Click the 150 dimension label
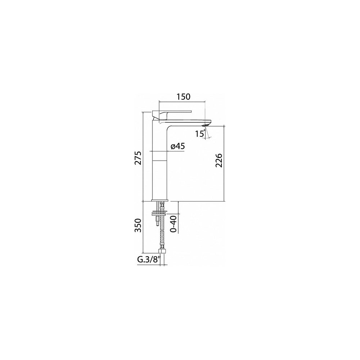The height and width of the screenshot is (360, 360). click(184, 96)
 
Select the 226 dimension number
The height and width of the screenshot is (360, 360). click(219, 160)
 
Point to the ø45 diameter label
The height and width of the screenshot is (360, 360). click(178, 146)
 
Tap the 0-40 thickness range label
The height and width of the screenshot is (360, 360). click(174, 224)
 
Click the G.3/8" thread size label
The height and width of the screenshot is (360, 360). click(149, 260)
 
